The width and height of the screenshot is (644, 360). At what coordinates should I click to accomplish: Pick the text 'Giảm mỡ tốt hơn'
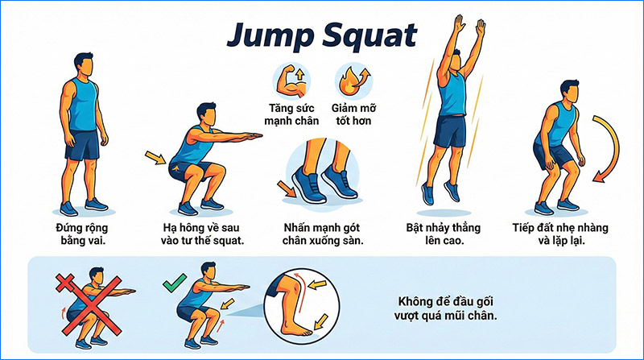tap(354, 114)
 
